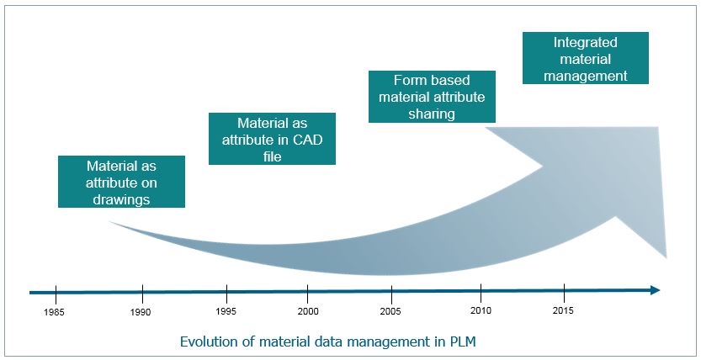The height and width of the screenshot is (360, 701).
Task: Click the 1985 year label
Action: coord(54,313)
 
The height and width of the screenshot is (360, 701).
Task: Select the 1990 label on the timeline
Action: coord(141,313)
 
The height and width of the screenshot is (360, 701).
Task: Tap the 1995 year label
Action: coord(226,311)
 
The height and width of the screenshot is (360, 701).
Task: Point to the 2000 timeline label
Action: coord(309,311)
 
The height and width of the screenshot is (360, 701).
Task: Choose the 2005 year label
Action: coord(390,311)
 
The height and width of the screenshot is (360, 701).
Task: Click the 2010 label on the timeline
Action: coord(481,310)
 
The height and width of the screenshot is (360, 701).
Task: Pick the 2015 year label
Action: coord(563,310)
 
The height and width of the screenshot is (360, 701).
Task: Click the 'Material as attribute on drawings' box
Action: coord(121,182)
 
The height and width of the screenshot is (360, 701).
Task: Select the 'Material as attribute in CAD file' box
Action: coord(273,139)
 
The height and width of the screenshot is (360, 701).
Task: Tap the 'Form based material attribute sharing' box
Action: coord(432,97)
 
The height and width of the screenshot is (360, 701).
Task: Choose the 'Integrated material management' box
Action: coord(586,58)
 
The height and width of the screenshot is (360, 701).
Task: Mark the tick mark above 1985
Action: coord(56,294)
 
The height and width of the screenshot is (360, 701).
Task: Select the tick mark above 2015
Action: coord(564,293)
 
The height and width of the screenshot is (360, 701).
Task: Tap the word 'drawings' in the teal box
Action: coord(121,199)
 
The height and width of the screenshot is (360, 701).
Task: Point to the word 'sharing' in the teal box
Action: coord(432,114)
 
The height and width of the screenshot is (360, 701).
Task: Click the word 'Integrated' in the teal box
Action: coord(586,42)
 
